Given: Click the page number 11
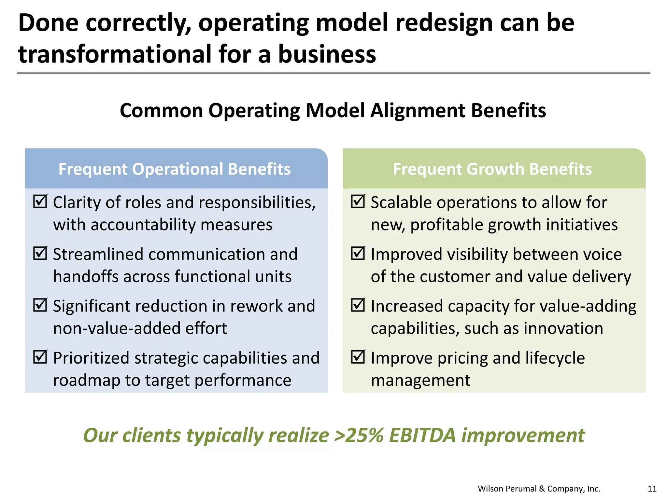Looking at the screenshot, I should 652,489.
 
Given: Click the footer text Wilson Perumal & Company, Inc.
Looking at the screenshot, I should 539,489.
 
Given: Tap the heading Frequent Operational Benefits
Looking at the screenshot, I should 175,169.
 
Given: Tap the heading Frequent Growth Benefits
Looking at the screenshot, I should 492,169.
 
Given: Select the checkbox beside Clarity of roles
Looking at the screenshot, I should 40,201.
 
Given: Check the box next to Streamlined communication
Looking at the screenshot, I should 40,253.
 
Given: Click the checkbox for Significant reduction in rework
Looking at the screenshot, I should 40,305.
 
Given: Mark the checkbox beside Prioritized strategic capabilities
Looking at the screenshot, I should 40,357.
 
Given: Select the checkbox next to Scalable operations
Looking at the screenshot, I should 358,201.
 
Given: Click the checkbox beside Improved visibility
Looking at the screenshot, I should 358,253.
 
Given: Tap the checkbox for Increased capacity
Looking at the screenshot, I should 358,305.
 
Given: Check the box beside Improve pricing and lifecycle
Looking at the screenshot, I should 358,357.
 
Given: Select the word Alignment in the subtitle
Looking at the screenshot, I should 418,110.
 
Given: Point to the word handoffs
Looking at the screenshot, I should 85,276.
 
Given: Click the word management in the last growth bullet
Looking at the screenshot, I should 420,380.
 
